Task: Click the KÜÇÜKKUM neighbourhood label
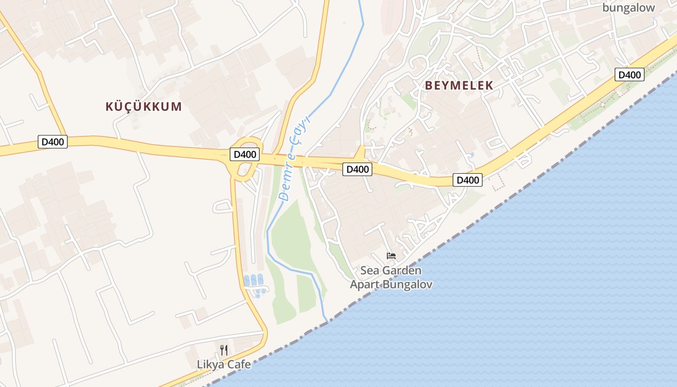coord(144,106)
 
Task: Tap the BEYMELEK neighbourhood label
coord(459,86)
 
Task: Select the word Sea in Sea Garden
coord(370,270)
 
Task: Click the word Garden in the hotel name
coord(401,270)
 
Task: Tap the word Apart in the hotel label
coord(365,284)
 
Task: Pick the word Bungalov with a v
coord(407,284)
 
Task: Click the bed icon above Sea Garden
coord(391,255)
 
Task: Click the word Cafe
coord(239,364)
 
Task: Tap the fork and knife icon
coord(224,350)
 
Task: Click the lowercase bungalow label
coord(628,7)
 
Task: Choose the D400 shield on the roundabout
coord(244,155)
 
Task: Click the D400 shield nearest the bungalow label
coord(630,74)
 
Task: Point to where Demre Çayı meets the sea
coord(327,321)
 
